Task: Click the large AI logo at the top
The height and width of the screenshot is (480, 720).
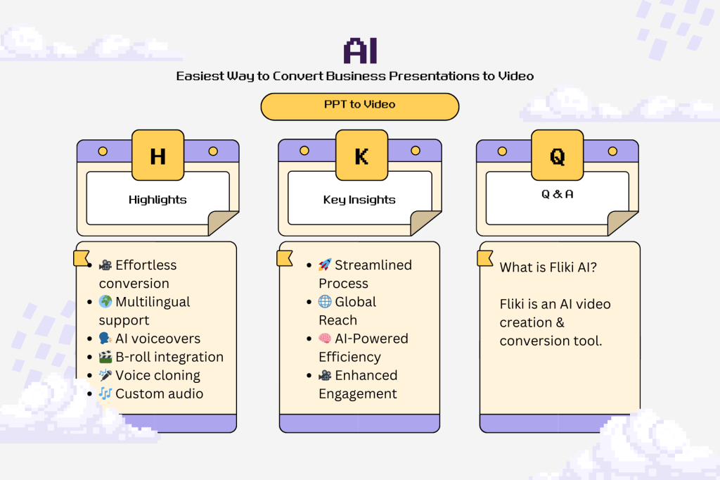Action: (360, 51)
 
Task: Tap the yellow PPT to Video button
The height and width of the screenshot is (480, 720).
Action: (359, 105)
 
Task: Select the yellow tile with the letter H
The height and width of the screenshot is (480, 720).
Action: (158, 156)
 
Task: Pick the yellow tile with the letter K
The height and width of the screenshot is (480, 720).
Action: (361, 156)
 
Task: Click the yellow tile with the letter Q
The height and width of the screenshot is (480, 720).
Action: (558, 156)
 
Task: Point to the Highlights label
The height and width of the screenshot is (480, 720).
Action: (157, 200)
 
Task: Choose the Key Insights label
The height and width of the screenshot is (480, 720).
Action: (359, 200)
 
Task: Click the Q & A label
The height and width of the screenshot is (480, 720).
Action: (557, 194)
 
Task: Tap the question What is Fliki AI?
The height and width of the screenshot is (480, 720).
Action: (548, 268)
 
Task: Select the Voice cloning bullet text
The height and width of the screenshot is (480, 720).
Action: (157, 375)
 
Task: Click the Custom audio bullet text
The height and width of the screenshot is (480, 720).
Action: (159, 393)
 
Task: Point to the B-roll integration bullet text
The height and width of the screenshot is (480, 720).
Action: (169, 357)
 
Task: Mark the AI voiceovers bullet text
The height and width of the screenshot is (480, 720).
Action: (157, 339)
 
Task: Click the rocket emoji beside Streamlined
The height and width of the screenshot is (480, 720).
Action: (325, 265)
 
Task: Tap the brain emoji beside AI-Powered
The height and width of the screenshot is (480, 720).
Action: (325, 339)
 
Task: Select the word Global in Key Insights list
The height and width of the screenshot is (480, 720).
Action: (356, 302)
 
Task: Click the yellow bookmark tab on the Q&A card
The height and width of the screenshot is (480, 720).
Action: (486, 258)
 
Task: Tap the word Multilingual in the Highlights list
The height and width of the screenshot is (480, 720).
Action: (153, 302)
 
